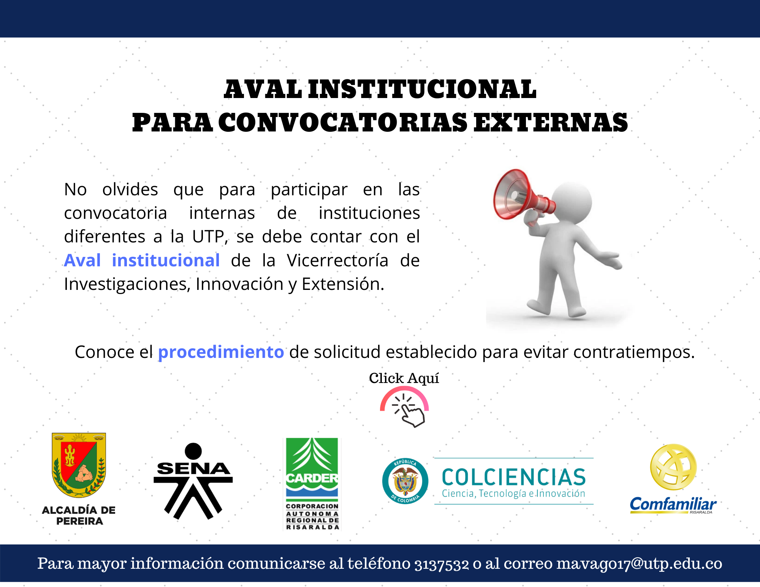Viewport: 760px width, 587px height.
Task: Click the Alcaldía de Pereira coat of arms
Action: [79, 465]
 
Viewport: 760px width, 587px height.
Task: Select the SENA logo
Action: [193, 481]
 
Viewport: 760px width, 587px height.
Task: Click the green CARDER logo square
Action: [312, 467]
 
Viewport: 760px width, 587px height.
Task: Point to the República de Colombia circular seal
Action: [405, 481]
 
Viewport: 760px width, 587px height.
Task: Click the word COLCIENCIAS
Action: [514, 477]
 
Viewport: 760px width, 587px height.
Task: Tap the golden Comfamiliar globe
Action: [673, 467]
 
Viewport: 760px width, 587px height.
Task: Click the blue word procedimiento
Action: [221, 352]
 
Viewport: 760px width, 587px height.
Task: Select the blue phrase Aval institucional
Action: [142, 260]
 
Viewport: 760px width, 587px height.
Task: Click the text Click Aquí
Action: [404, 378]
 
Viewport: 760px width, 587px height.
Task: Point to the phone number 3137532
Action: [442, 564]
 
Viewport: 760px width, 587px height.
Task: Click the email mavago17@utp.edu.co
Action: [640, 563]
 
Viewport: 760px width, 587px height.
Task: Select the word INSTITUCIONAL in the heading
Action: [422, 90]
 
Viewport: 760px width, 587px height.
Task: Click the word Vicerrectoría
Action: [337, 260]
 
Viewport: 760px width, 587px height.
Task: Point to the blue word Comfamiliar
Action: [673, 505]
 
